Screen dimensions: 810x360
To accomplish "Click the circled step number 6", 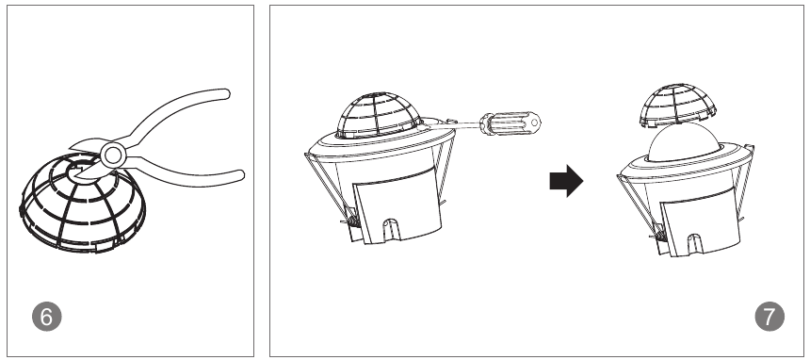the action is (x=46, y=317).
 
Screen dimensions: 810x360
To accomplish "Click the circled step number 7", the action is (x=769, y=317).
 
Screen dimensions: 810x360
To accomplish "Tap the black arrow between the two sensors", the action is (x=566, y=181).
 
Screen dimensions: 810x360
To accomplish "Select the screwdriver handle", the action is (x=510, y=123).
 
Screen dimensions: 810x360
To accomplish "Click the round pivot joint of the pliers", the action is (x=113, y=155).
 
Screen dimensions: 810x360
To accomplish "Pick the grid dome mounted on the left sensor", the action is (x=378, y=115).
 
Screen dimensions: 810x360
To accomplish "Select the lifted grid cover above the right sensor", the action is (x=677, y=105).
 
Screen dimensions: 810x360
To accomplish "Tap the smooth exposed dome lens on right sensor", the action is (x=683, y=141).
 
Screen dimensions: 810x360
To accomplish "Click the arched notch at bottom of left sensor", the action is (x=391, y=229).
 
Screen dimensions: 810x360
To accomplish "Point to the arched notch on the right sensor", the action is (x=695, y=244).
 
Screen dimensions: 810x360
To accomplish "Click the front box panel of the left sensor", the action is (x=397, y=205).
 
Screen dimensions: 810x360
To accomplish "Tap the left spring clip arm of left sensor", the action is (x=326, y=187).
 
